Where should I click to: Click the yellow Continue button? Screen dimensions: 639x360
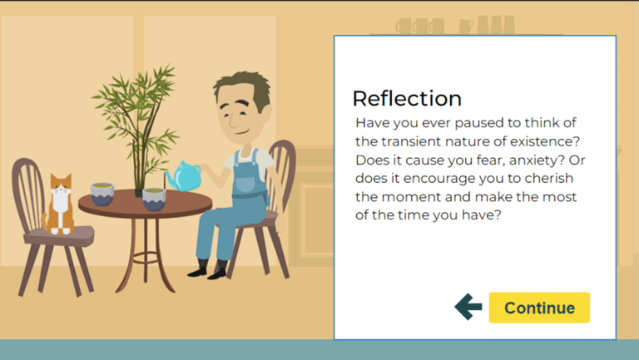tap(539, 308)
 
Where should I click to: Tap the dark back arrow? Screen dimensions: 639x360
tap(468, 307)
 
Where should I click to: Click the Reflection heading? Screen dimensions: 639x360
tap(407, 99)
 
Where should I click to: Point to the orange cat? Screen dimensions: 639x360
tap(59, 205)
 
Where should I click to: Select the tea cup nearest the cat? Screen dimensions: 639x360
tap(102, 194)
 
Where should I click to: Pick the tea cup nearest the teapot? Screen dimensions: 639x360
tap(154, 200)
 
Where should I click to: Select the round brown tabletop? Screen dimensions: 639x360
tap(146, 203)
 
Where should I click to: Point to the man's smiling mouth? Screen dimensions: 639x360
tap(241, 132)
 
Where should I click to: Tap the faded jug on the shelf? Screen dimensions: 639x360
tap(466, 27)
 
